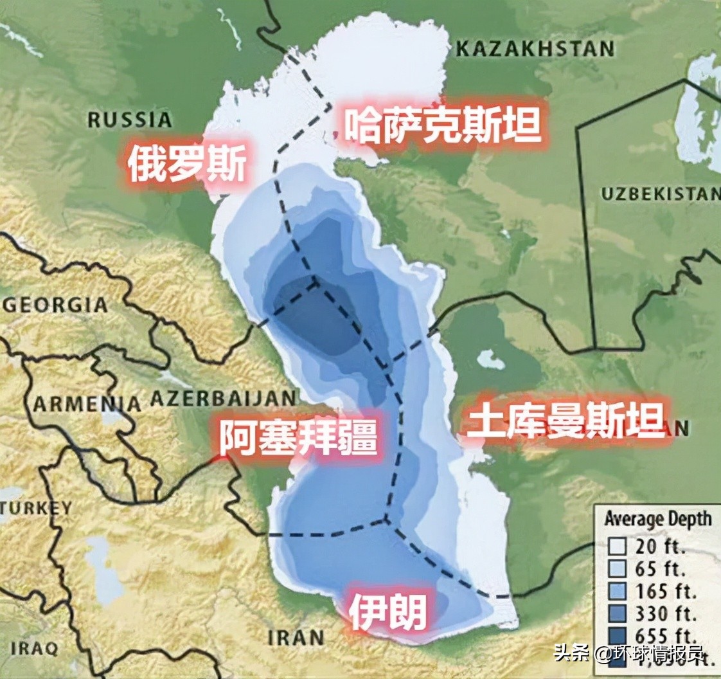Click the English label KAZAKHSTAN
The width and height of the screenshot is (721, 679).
[534, 49]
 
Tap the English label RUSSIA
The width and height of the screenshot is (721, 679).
[130, 120]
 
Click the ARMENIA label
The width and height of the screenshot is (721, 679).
[87, 404]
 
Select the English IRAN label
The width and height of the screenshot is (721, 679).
[296, 638]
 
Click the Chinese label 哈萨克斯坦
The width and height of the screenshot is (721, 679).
[443, 125]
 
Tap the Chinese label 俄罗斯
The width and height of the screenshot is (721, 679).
[186, 164]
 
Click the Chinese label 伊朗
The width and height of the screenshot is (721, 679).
[388, 611]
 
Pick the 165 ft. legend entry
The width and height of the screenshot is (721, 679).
[660, 590]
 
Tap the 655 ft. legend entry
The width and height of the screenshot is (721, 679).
[660, 633]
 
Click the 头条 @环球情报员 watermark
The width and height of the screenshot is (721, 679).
[630, 655]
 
